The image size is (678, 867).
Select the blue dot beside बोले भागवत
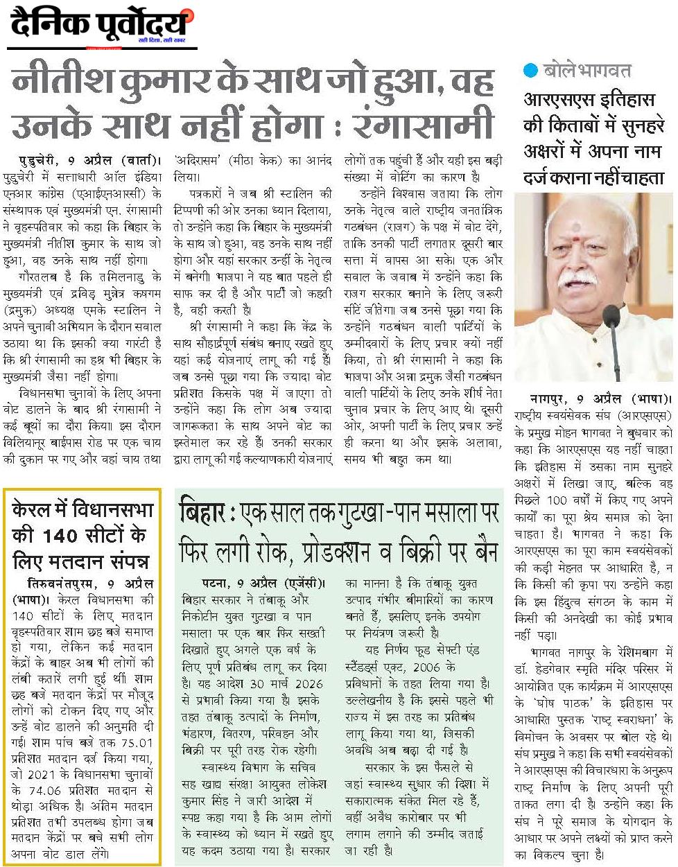point(530,70)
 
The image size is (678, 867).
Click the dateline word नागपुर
point(550,400)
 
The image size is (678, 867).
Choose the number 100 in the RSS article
point(557,500)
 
